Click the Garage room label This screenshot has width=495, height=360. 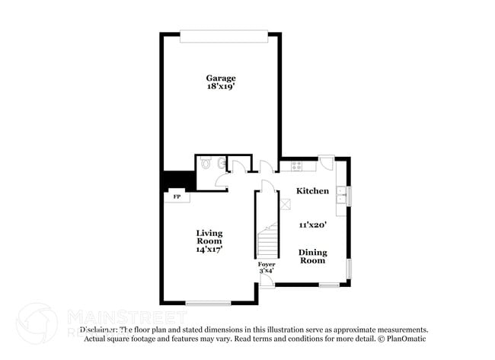point(221,78)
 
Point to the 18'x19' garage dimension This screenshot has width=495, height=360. point(221,88)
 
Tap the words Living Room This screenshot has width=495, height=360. point(209,237)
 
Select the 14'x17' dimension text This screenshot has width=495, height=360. point(209,249)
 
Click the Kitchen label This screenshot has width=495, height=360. point(312,191)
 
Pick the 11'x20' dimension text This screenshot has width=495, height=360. point(312,225)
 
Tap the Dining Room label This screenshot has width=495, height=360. point(312,256)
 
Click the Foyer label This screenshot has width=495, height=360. point(267,264)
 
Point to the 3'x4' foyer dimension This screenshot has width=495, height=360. point(267,271)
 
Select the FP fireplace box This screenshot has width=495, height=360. point(177,197)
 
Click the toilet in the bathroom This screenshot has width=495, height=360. point(207,164)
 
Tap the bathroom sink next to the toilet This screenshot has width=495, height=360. point(220,163)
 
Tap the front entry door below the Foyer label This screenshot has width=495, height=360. point(266,282)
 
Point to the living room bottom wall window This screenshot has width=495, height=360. point(208,304)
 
